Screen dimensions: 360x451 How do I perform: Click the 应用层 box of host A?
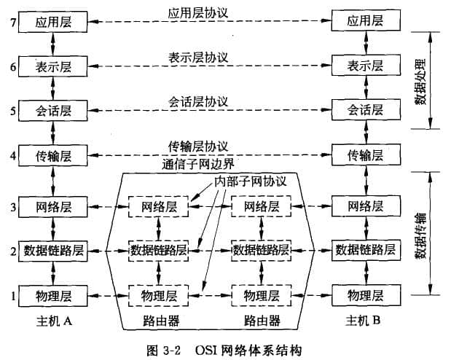click(53, 23)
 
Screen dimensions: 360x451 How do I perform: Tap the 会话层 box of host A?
click(53, 111)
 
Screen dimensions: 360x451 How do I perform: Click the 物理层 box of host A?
click(53, 295)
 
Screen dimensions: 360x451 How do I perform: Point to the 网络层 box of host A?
click(53, 206)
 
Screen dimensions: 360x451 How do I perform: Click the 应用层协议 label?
click(198, 13)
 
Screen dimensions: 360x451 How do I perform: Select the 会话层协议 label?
click(198, 101)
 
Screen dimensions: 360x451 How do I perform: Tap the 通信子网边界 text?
click(198, 165)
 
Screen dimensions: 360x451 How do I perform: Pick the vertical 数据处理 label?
click(421, 81)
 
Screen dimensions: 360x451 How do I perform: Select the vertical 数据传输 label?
click(421, 233)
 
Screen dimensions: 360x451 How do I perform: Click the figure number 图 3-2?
click(164, 349)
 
